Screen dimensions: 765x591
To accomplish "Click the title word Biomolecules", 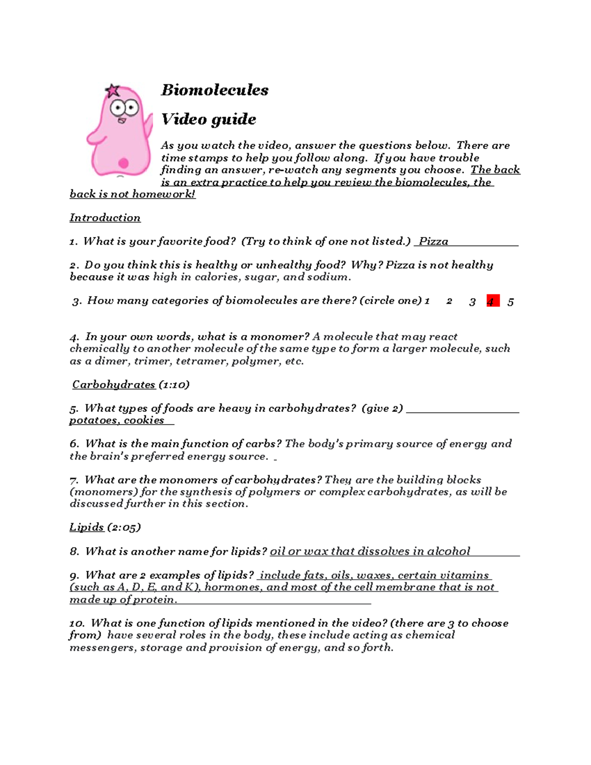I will [215, 90].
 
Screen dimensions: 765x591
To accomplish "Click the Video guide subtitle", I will [209, 119].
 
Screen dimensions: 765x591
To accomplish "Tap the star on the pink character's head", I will [113, 91].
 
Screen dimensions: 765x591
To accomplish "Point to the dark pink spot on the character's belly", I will [124, 163].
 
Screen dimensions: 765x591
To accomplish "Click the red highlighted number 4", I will [492, 301].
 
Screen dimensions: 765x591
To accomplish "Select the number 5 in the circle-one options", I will [511, 302].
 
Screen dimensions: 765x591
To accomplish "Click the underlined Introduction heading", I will [105, 218].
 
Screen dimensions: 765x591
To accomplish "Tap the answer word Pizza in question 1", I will [433, 241].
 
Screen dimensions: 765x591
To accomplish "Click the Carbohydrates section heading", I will [114, 385].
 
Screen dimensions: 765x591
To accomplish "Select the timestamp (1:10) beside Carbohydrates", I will [173, 385].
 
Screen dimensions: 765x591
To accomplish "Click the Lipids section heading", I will [87, 527].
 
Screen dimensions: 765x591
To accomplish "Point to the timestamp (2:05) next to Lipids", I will [124, 527].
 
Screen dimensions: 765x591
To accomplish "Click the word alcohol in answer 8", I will [448, 551].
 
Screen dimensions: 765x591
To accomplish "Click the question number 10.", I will [77, 623].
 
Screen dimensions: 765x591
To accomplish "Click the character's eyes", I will [124, 107].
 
